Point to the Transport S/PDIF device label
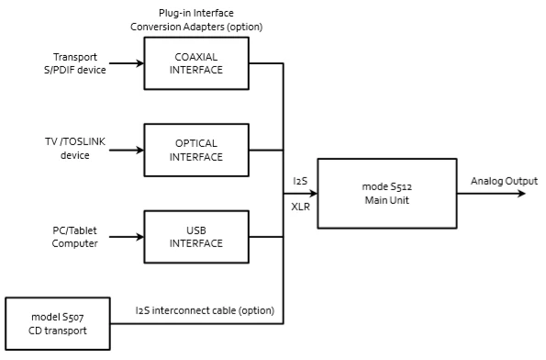coord(75,63)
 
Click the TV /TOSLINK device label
coord(75,148)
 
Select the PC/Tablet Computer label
coord(75,237)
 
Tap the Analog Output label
coord(504,181)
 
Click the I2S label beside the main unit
coord(300,181)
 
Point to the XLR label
coord(300,207)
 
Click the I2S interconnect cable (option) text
coord(205,310)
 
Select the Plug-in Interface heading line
coord(196,13)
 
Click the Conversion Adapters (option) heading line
coord(196,27)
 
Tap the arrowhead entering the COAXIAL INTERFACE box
coord(140,63)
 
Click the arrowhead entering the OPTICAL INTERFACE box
coord(140,151)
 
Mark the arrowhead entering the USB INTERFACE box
coord(140,237)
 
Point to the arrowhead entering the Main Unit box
coord(314,194)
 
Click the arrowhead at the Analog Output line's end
coord(521,194)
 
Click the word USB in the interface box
coord(196,231)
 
